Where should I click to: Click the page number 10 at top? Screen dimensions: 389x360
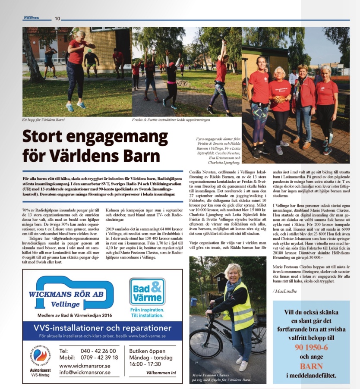pyautogui.click(x=57, y=18)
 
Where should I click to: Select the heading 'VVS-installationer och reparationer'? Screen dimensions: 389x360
pyautogui.click(x=102, y=327)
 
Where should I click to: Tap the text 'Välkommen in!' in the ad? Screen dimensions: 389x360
pyautogui.click(x=161, y=373)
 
